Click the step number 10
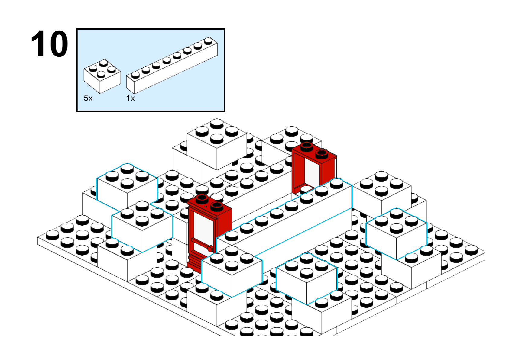coord(50,43)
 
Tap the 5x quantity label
coord(88,98)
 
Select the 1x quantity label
coord(131,98)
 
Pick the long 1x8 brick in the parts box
coord(172,65)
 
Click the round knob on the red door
coord(210,249)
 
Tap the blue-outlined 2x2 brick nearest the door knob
coord(232,271)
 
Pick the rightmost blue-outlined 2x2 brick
coord(397,234)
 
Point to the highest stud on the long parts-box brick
coord(208,41)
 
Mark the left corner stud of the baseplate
coord(52,235)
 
